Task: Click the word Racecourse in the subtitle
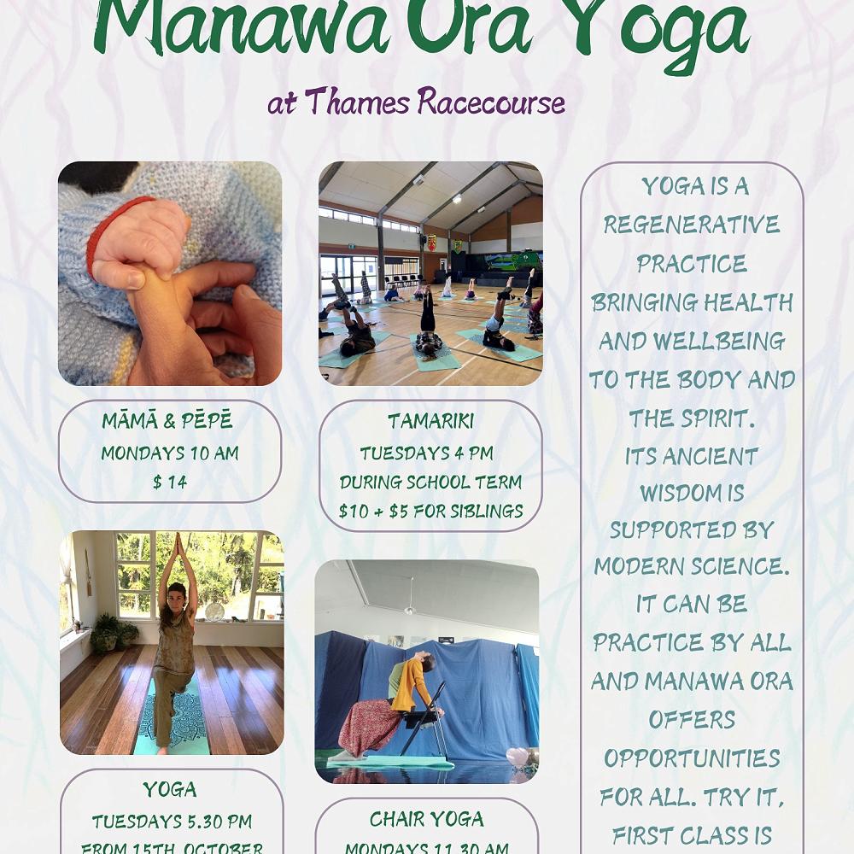[491, 102]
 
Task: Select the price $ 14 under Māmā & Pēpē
[170, 482]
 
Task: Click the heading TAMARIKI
[430, 421]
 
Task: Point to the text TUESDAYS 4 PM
[426, 453]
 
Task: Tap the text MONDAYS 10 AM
[170, 453]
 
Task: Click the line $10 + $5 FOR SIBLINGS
[430, 511]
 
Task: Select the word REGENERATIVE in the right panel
[692, 225]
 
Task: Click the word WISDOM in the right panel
[692, 494]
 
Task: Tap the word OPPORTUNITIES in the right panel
[692, 758]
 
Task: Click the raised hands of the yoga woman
[179, 547]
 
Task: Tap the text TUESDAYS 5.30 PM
[172, 822]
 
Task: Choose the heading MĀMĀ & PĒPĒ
[167, 422]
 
